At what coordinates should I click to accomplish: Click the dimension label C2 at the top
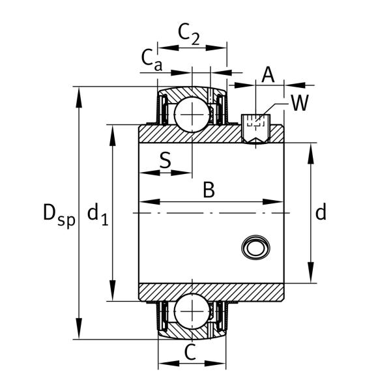click(x=189, y=35)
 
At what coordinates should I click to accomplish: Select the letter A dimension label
click(x=267, y=75)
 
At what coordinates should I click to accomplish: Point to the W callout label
click(x=299, y=102)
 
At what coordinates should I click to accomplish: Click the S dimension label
click(x=166, y=159)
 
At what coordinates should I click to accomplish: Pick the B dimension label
click(x=208, y=190)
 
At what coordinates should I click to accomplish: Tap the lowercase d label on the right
click(x=321, y=212)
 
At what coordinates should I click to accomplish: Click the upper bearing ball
click(x=192, y=115)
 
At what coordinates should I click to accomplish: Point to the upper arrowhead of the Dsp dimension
click(x=80, y=92)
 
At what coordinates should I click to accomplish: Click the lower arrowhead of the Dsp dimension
click(x=80, y=333)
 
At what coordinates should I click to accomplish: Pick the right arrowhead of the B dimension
click(x=280, y=201)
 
